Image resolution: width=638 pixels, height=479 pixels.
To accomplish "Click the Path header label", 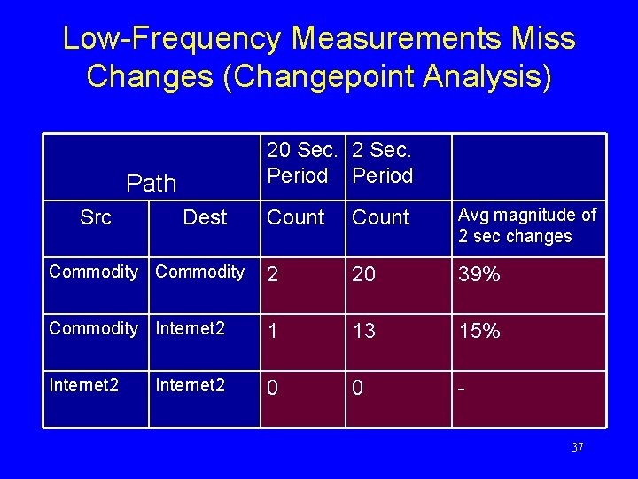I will click(152, 184).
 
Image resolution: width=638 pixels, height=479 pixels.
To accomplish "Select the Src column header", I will click(95, 217).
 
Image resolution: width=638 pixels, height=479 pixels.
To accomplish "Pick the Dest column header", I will click(205, 217).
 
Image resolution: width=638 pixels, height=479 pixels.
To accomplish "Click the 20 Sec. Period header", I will click(301, 162).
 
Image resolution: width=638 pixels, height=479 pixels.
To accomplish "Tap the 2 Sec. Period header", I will click(383, 162).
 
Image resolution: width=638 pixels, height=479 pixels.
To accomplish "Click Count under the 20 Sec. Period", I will click(296, 217).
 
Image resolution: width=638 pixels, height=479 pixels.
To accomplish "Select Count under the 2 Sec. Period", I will click(381, 217).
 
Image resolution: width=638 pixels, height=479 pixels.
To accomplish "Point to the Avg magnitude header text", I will click(527, 225).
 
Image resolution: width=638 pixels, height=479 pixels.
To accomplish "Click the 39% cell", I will click(479, 275).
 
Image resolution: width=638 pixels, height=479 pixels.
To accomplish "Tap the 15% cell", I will click(479, 331).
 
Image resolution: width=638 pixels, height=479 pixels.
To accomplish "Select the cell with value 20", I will click(363, 275).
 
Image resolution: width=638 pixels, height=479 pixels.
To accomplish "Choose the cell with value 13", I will click(363, 331).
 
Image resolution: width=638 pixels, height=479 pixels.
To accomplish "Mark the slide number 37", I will click(577, 448).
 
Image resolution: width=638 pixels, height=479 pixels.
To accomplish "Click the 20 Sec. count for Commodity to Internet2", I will click(273, 331).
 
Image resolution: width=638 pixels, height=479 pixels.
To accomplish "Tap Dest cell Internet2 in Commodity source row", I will click(190, 329).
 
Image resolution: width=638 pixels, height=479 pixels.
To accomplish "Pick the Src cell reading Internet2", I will click(83, 385).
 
